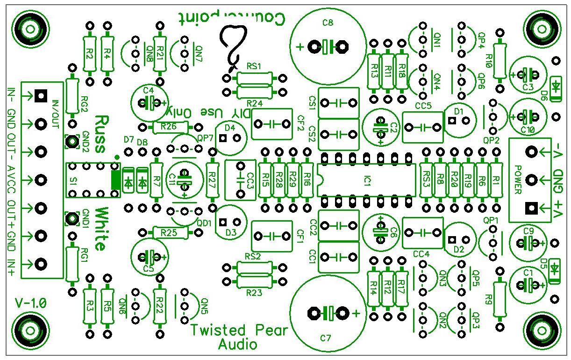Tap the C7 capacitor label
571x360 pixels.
click(x=326, y=338)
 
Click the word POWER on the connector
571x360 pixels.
click(x=518, y=180)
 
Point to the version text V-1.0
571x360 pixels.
click(x=31, y=302)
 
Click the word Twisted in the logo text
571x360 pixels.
click(x=217, y=330)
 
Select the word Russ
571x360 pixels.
click(x=100, y=134)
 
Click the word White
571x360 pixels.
click(x=100, y=229)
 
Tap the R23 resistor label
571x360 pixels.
click(x=254, y=293)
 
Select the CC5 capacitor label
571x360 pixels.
click(x=422, y=106)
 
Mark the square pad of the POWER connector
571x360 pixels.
click(x=531, y=207)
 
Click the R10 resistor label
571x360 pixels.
click(x=490, y=60)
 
